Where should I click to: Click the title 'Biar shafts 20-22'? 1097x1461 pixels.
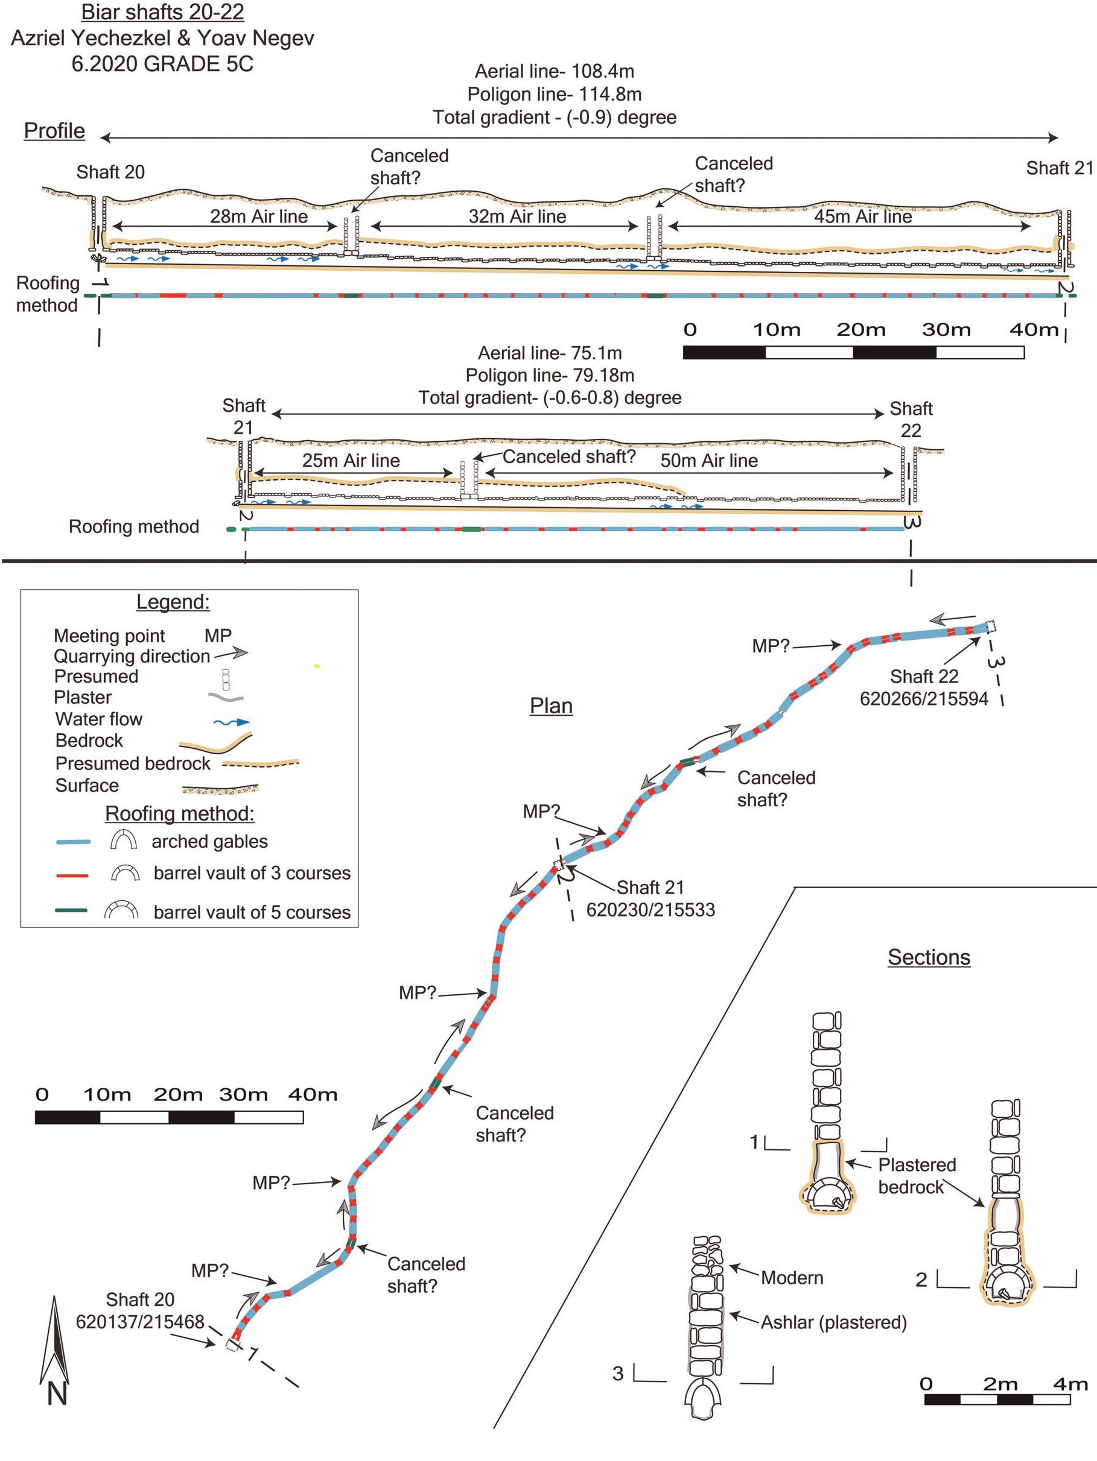click(162, 12)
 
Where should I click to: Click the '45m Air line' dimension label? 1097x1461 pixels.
click(862, 216)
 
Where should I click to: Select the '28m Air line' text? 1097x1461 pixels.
click(259, 216)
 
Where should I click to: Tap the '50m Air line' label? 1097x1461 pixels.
click(709, 461)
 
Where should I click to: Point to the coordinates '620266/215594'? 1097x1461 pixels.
click(923, 699)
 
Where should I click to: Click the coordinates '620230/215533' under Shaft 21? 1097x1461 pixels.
click(650, 910)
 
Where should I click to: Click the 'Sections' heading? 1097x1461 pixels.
click(929, 957)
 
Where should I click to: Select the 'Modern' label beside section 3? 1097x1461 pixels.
click(792, 1278)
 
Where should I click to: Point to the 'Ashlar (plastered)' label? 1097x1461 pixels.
click(833, 1322)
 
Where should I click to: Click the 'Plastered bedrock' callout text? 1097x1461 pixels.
click(917, 1176)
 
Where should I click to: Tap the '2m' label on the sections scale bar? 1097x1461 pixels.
click(999, 1384)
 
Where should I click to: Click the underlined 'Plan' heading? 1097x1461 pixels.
click(550, 706)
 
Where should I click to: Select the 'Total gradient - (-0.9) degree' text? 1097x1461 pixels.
click(555, 118)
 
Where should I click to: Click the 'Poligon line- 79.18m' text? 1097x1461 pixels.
click(550, 376)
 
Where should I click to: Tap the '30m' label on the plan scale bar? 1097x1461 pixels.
click(243, 1095)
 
